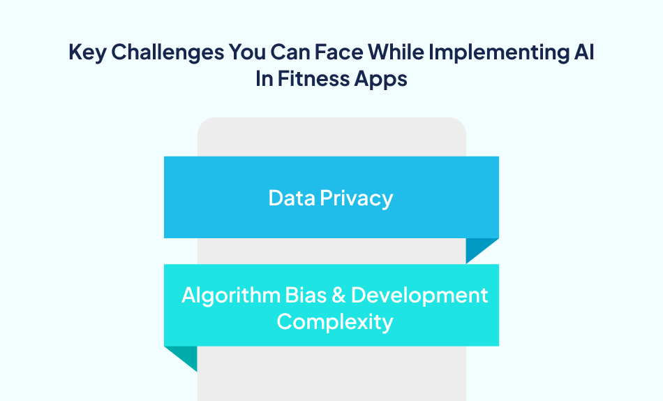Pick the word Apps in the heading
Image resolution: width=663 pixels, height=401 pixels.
point(380,78)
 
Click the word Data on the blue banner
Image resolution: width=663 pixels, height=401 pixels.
point(292,198)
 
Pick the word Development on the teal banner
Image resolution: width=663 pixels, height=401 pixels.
point(419,295)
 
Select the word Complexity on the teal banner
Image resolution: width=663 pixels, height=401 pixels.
point(335,322)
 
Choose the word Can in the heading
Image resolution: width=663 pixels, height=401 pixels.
point(288,54)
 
